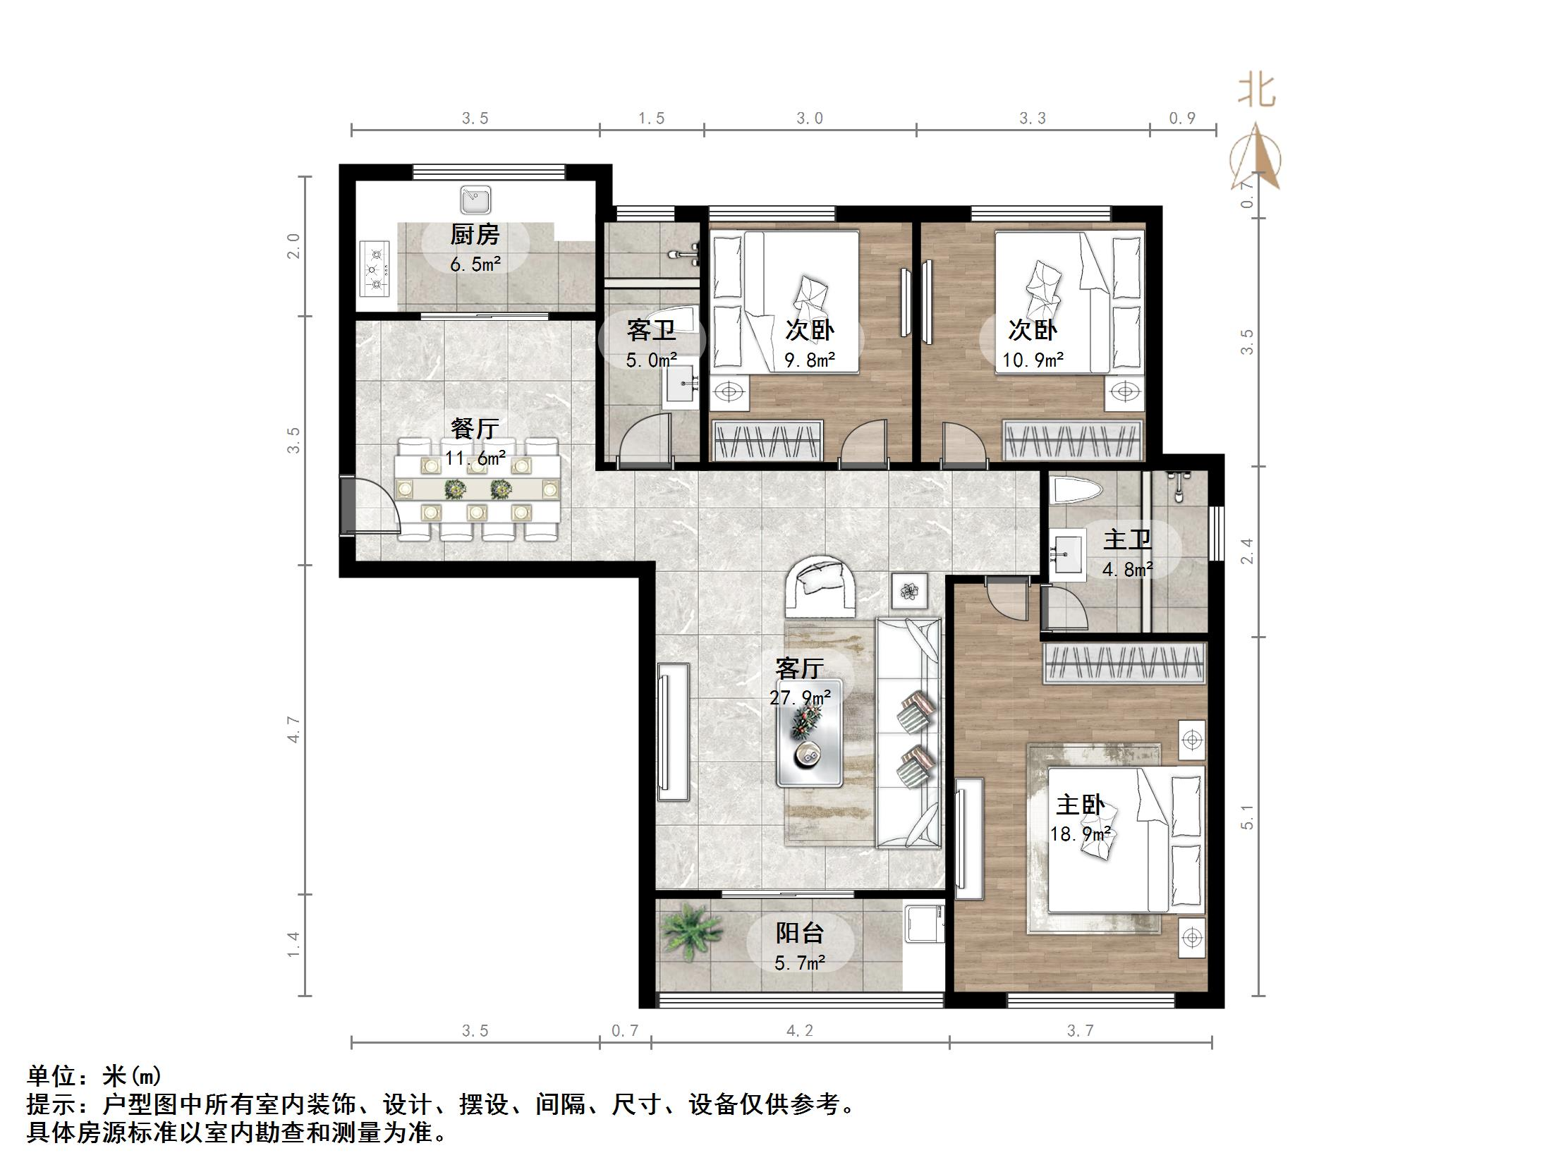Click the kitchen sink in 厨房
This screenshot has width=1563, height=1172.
tap(475, 200)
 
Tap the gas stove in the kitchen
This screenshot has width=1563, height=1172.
tap(375, 269)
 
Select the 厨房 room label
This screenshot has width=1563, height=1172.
tap(475, 235)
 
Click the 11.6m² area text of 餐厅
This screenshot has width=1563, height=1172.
tap(475, 458)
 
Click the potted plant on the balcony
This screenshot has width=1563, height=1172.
tap(691, 932)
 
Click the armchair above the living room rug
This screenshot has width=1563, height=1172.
tap(821, 584)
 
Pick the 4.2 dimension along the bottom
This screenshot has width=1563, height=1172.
tap(800, 1031)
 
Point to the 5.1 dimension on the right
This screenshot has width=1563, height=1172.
tap(1248, 817)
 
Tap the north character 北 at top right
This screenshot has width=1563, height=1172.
tap(1256, 91)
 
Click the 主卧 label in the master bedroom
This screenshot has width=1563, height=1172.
tap(1080, 805)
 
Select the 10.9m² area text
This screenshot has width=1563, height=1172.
tap(1033, 360)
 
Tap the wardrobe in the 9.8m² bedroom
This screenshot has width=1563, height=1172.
tap(768, 441)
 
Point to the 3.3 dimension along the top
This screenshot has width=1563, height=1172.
tap(1033, 118)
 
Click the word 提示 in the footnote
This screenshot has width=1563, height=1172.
tap(51, 1104)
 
